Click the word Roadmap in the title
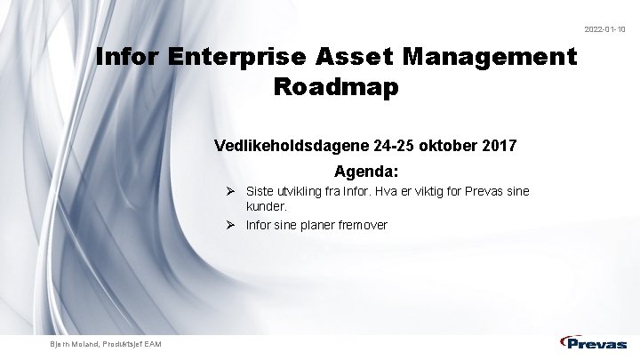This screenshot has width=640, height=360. coord(337,88)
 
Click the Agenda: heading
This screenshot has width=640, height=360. coord(366,169)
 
